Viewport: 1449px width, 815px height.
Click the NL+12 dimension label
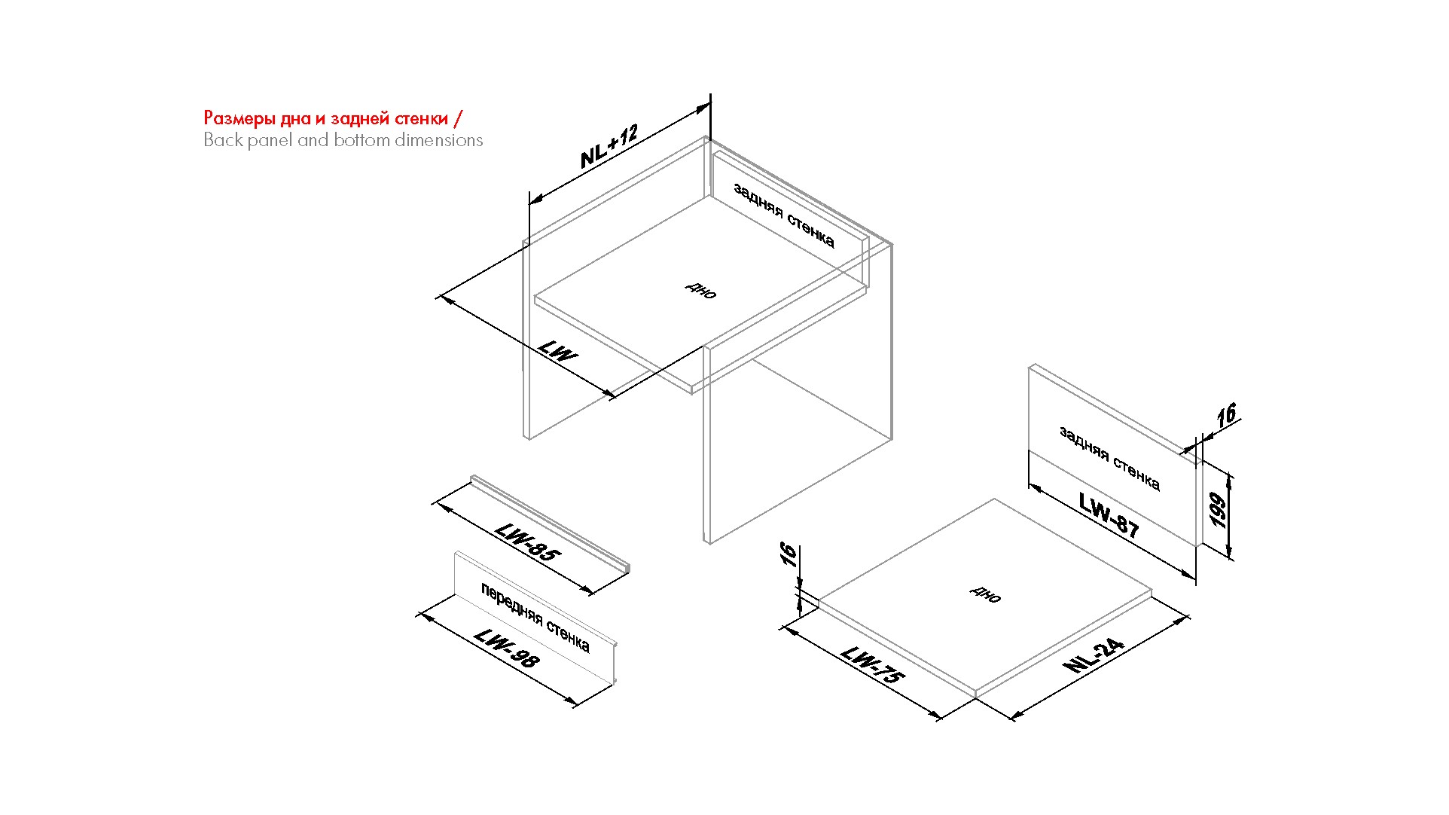point(609,146)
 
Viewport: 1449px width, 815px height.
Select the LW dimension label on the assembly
point(558,351)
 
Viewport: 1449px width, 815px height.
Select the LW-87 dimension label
point(1109,514)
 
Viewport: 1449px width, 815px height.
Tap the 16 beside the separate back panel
point(1227,415)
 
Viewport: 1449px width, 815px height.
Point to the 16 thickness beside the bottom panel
point(788,555)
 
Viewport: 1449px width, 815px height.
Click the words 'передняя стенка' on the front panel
point(535,618)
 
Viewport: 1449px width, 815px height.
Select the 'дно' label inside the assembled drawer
point(701,290)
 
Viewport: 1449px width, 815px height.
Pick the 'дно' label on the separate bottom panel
point(986,594)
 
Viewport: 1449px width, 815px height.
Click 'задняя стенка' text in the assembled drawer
point(784,215)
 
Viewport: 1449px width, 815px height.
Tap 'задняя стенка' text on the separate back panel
point(1110,459)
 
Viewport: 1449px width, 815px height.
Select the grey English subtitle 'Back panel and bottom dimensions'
point(343,140)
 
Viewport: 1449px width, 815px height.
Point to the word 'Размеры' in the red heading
point(239,119)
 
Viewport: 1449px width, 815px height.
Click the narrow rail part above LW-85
point(551,523)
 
